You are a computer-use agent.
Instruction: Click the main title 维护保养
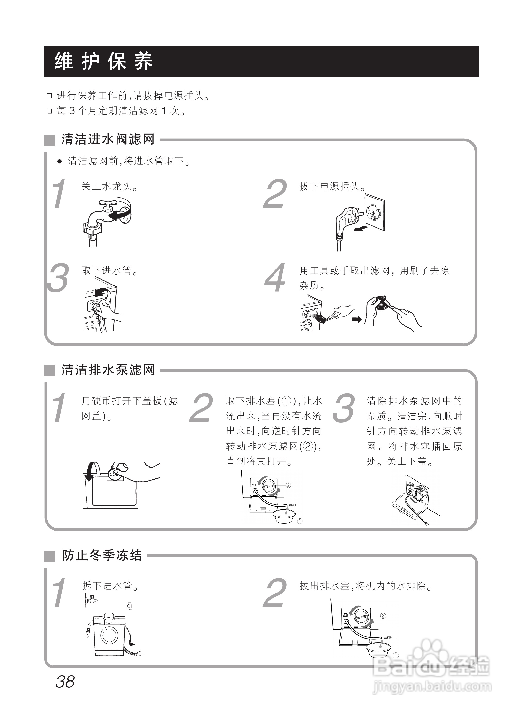coord(104,61)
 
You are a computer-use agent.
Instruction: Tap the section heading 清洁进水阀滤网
coord(108,139)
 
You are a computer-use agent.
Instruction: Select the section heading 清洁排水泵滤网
coord(108,370)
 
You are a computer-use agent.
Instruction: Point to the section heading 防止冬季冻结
coord(102,555)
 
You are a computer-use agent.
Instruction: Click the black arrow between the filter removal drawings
coord(357,319)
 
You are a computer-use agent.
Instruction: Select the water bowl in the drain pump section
coord(284,517)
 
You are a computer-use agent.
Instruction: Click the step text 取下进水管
coord(110,271)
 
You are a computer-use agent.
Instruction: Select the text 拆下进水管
coord(110,586)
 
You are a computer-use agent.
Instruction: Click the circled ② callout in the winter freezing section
coord(383,616)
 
